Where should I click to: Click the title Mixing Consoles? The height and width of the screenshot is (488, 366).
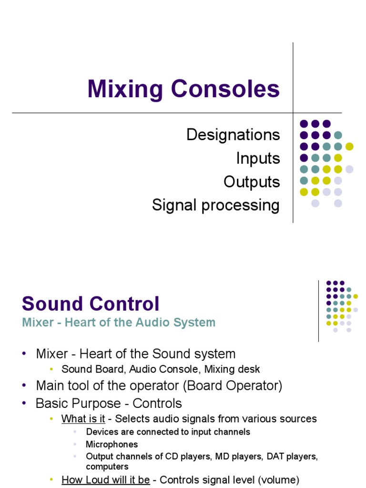[x=183, y=89]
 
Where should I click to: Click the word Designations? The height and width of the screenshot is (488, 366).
[x=233, y=134]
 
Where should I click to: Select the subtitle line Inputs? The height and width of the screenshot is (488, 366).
[x=258, y=158]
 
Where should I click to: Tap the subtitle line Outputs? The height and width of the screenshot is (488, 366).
[x=252, y=182]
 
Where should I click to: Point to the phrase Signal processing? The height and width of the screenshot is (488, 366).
[x=215, y=205]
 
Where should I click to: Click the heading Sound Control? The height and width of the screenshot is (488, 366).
[x=91, y=304]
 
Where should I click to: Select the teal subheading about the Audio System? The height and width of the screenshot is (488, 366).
[x=119, y=323]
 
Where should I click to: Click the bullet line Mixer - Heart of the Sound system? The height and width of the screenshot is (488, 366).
[x=135, y=354]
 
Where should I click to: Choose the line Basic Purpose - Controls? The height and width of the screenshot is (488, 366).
[x=109, y=403]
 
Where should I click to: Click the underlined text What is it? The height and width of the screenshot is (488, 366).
[x=83, y=419]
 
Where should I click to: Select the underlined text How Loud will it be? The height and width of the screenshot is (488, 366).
[x=106, y=480]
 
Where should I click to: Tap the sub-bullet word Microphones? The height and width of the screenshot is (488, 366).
[x=112, y=444]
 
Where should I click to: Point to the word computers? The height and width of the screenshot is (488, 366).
[x=107, y=467]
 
